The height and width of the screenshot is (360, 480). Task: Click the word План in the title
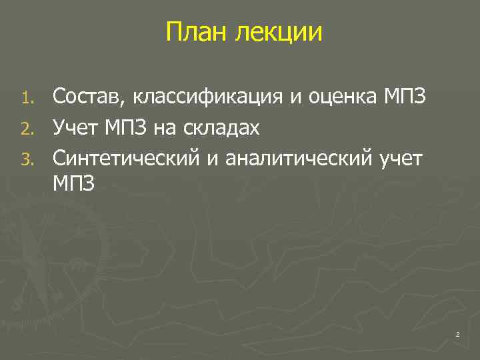196,31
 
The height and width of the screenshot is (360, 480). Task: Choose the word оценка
340,98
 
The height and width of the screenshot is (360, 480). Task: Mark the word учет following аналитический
399,158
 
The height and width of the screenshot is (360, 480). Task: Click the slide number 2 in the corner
458,335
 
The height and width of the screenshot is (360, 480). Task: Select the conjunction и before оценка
294,99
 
